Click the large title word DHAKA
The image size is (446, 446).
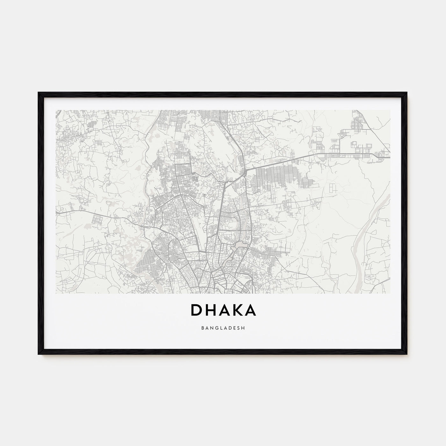tap(223, 310)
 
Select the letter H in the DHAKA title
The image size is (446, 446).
tap(211, 310)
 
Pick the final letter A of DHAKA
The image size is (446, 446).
tap(250, 310)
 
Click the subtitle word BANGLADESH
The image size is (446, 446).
tap(223, 327)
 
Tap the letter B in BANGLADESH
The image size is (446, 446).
tap(202, 327)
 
